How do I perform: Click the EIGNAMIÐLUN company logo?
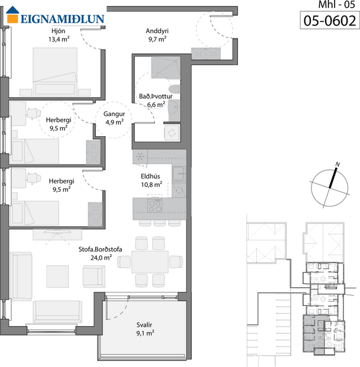tap(56, 17)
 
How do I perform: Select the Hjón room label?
tap(58, 31)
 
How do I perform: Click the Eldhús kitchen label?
tap(151, 176)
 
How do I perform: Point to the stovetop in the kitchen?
tap(156, 205)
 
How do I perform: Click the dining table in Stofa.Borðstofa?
tap(150, 260)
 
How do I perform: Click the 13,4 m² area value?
tap(58, 40)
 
